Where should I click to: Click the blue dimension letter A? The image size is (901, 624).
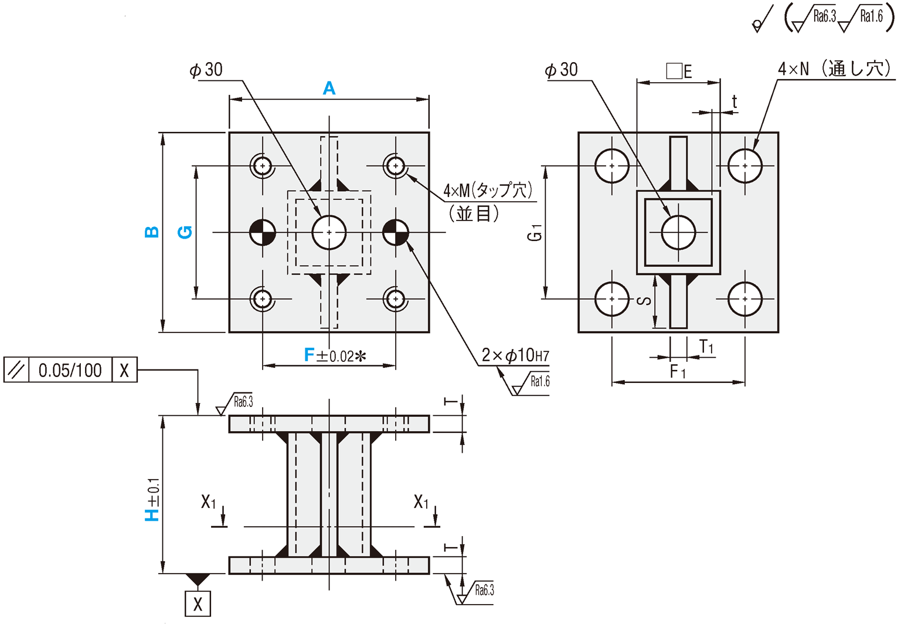329,89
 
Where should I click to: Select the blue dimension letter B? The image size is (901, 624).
151,232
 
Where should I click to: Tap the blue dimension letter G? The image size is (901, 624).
185,232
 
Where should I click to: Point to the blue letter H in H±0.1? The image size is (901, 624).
152,514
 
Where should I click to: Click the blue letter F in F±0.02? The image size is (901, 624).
310,355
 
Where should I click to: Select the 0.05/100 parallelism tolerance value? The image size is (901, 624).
70,370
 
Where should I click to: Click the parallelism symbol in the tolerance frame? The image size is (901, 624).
16,370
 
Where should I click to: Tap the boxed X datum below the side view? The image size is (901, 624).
198,604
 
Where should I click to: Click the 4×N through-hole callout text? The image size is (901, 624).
834,69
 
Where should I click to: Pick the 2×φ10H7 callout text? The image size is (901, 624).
515,355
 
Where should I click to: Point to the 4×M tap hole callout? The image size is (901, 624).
487,190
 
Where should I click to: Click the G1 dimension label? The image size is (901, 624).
535,233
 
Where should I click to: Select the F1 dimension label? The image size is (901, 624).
677,371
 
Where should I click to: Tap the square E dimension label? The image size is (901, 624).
679,71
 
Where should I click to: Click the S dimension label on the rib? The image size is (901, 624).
644,301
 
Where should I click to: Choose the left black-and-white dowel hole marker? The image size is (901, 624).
263,232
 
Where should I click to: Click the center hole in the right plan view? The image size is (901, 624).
678,232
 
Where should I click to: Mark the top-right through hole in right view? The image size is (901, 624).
744,166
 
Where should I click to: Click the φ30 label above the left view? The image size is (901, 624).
206,70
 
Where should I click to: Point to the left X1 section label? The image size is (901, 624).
209,502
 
